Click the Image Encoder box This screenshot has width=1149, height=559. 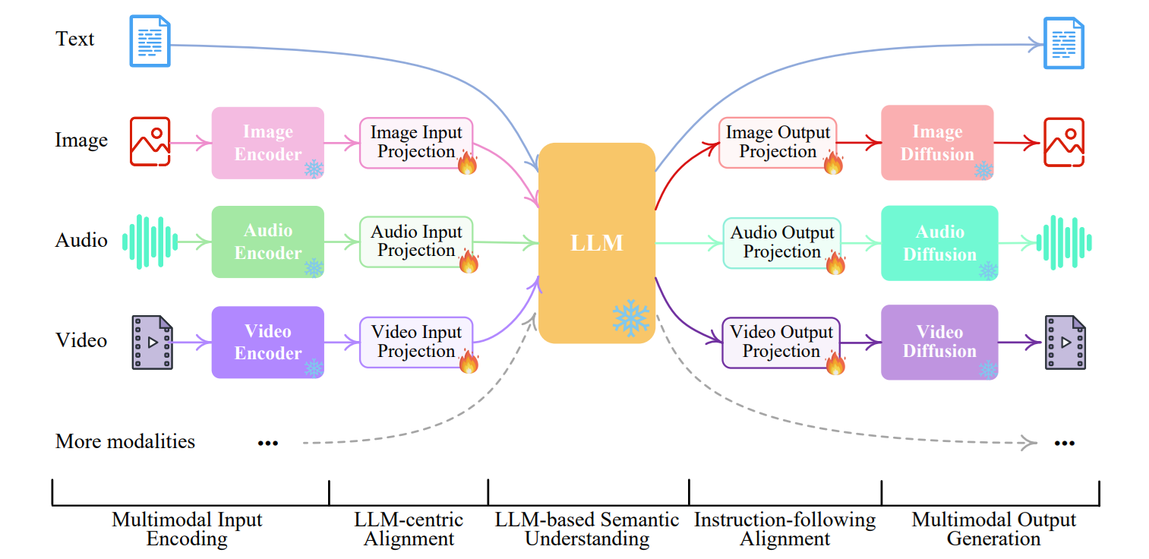[x=267, y=143]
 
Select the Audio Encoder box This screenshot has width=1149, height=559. [x=267, y=242]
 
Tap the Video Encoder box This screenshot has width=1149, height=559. [x=267, y=342]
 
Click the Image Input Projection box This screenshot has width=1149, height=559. [x=415, y=142]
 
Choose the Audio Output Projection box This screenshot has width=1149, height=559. [x=781, y=242]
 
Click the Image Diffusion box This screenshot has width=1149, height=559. [x=936, y=143]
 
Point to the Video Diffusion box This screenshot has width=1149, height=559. [x=939, y=342]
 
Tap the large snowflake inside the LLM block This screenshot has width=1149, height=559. [x=631, y=318]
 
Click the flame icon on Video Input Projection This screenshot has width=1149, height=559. [x=469, y=361]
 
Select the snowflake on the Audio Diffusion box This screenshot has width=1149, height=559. [x=987, y=270]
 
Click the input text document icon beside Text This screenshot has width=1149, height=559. [x=150, y=41]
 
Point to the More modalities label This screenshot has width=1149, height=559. [x=125, y=441]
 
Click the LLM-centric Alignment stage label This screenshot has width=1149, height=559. [x=409, y=529]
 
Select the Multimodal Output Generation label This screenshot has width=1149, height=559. [x=993, y=529]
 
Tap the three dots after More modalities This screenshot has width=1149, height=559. [x=267, y=443]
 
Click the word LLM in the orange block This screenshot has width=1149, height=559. [x=597, y=243]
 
